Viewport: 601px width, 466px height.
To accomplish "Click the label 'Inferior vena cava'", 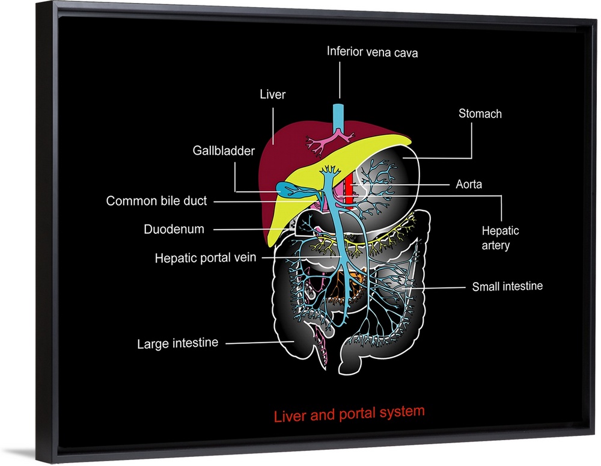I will tap(372, 52).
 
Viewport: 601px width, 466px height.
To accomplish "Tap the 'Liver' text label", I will tap(272, 94).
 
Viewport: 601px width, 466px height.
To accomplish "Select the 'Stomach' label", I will tap(480, 113).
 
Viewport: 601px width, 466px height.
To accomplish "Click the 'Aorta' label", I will tap(468, 184).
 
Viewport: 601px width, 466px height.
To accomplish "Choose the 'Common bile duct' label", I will tap(156, 201).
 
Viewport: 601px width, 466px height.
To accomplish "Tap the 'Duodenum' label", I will tap(174, 229).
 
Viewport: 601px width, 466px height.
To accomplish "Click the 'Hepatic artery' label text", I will tap(500, 238).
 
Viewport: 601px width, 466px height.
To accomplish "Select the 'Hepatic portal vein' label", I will tap(206, 258).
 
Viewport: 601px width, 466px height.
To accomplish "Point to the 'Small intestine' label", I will tap(507, 286).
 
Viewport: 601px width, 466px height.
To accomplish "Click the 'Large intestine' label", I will tap(177, 344).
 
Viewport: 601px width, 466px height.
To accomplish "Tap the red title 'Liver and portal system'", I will tap(349, 414).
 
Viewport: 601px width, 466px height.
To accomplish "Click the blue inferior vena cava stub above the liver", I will tap(339, 115).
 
